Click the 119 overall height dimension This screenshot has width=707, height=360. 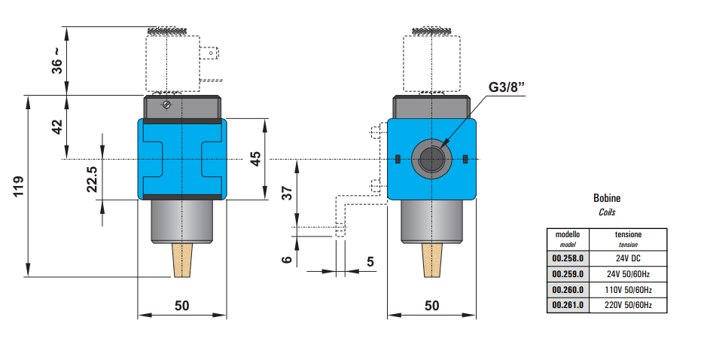(x=19, y=188)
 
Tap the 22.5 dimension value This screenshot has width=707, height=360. (x=92, y=180)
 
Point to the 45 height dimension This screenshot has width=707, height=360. (x=256, y=159)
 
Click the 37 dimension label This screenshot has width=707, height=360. (x=287, y=193)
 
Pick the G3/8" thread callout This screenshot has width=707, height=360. (x=506, y=87)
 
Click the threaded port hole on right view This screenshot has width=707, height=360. (x=431, y=159)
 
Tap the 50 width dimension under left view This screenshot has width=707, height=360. (x=181, y=305)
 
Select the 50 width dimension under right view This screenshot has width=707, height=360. (x=431, y=305)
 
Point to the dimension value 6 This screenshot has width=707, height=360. (x=287, y=259)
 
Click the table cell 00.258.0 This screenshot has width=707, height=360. (x=568, y=258)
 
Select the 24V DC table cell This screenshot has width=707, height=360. (x=629, y=258)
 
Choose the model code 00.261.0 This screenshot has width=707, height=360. (x=568, y=306)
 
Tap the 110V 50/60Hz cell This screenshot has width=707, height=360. (x=629, y=290)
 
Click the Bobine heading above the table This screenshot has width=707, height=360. (x=607, y=199)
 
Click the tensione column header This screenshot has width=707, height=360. (x=629, y=235)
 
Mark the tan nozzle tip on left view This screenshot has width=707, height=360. (x=182, y=260)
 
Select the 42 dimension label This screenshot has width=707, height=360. (x=57, y=127)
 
